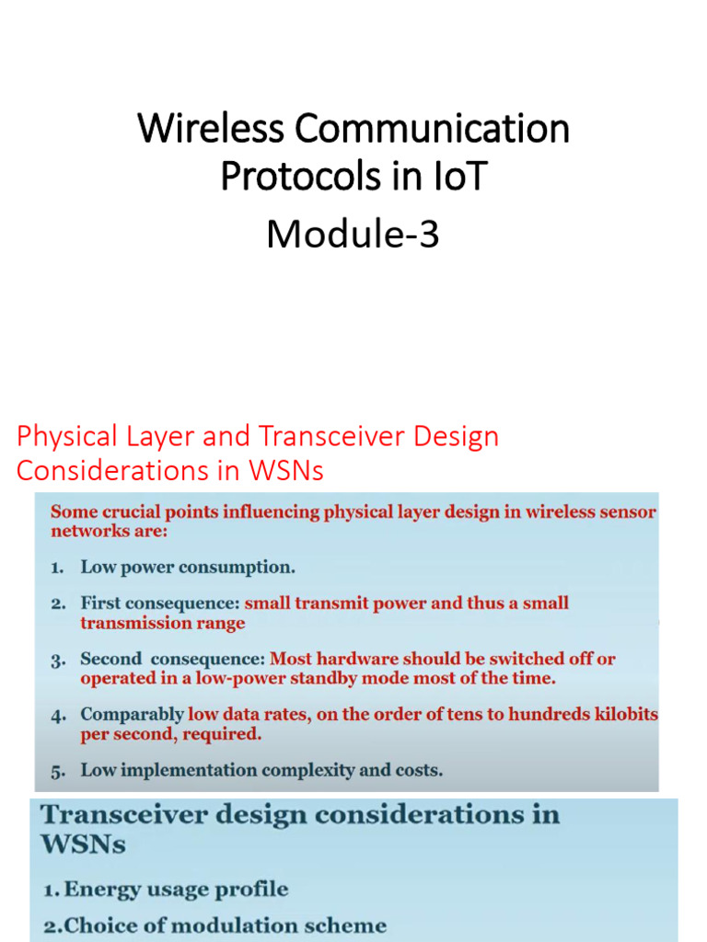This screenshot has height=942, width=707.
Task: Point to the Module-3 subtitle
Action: (x=353, y=235)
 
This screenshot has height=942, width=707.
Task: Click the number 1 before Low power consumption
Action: (x=56, y=568)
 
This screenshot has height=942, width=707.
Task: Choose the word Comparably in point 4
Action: (x=132, y=715)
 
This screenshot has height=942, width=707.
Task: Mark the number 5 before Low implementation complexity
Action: (x=56, y=771)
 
